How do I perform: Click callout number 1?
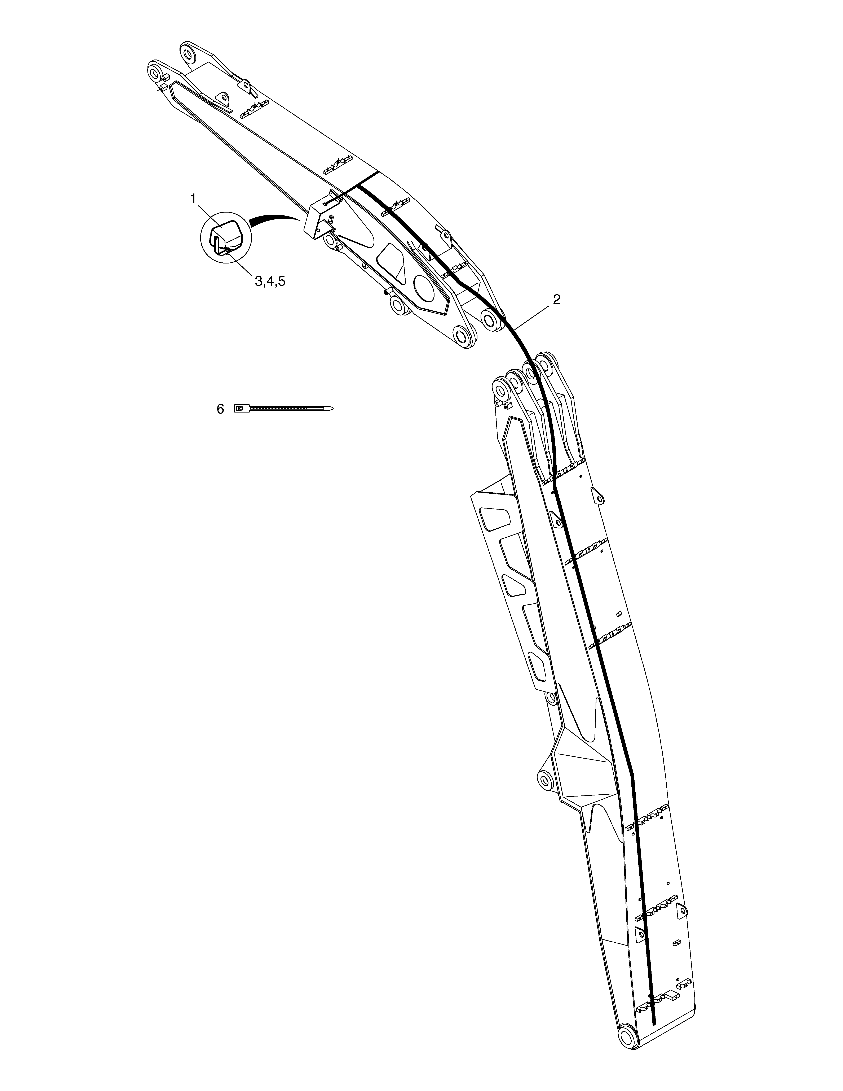coord(193,199)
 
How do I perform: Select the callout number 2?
coord(556,300)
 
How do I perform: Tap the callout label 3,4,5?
coord(270,281)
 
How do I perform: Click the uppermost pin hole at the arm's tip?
coord(188,52)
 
